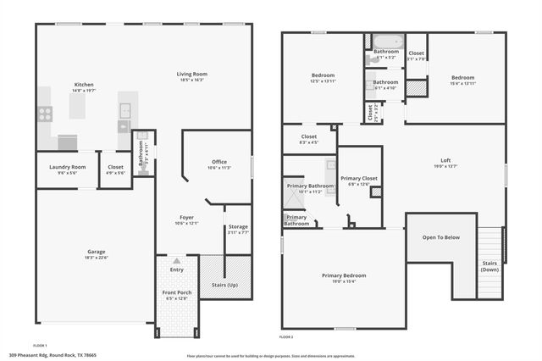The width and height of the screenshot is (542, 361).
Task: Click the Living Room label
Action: pos(192,75)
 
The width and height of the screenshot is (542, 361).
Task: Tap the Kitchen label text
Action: pos(84,85)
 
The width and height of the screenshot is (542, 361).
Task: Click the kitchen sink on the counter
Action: pos(125,109)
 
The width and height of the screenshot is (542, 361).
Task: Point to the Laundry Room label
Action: pos(66,167)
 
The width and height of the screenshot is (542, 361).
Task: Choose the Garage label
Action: pos(95,252)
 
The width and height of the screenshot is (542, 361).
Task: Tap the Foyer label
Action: pos(186,217)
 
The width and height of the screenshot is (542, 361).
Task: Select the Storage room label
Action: pos(238,226)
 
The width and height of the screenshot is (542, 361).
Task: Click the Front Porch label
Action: pos(177,292)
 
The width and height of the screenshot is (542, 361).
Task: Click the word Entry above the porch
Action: pos(176,269)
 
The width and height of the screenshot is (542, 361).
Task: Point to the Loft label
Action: pos(445,160)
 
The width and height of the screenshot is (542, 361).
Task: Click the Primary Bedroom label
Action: pos(344,275)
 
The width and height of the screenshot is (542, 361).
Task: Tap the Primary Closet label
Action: pos(359,178)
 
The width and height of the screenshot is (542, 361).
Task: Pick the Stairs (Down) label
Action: pos(490,266)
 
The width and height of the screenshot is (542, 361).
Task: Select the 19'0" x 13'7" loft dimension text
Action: pos(445,166)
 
